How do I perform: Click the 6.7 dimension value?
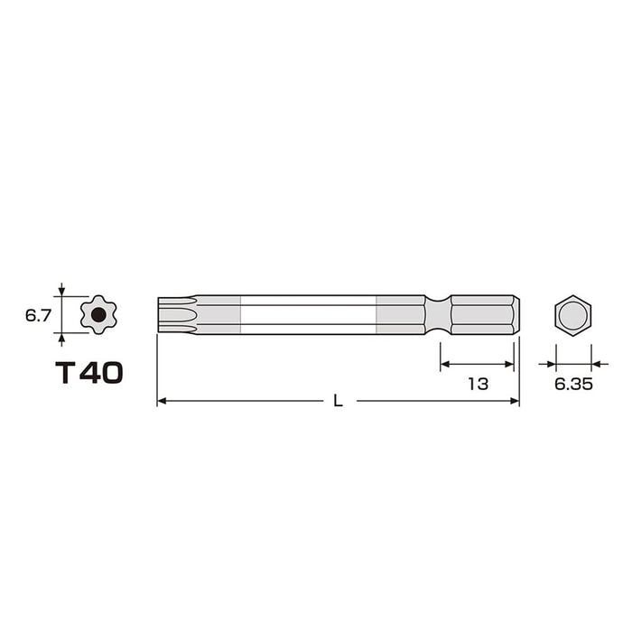pos(38,316)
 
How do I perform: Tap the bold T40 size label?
pos(89,372)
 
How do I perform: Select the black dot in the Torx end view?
pos(98,315)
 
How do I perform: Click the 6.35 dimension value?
pos(573,385)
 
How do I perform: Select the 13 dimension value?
pos(478,384)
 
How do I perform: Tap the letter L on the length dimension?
pos(338,401)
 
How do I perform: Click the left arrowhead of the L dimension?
pos(162,401)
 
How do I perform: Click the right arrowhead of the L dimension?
pos(515,401)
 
